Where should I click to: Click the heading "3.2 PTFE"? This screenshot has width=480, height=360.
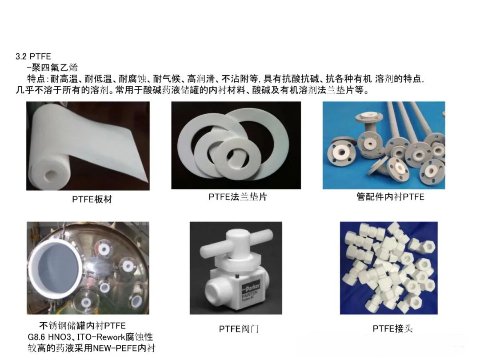(x=33, y=56)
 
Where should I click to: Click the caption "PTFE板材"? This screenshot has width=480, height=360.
(x=92, y=199)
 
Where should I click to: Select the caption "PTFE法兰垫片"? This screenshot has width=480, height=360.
(x=238, y=196)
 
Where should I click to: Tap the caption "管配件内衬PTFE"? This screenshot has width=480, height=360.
(x=390, y=196)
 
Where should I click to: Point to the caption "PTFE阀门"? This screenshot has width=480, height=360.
(x=239, y=329)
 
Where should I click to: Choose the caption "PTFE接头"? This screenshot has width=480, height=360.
(x=393, y=329)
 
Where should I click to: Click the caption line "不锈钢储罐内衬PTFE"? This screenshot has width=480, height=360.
(x=82, y=325)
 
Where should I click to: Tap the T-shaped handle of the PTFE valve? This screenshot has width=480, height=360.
(x=236, y=244)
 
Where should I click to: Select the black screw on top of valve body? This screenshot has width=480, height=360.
(x=237, y=277)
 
